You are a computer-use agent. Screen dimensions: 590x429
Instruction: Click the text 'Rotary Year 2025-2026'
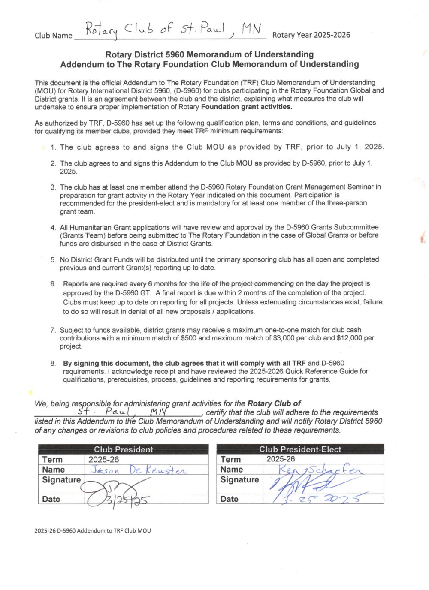click(x=311, y=35)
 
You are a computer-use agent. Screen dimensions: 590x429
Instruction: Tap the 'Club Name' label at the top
click(x=53, y=36)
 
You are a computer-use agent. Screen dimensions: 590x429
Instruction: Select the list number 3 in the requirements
click(x=53, y=187)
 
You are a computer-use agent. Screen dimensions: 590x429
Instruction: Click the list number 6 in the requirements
click(x=53, y=284)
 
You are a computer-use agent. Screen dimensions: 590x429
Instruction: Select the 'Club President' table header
click(x=123, y=449)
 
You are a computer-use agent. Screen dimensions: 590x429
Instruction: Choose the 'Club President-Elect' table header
click(x=300, y=449)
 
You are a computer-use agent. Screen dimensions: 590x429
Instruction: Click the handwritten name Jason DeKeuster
click(x=139, y=470)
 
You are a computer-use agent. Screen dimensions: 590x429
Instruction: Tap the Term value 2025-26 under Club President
click(x=103, y=459)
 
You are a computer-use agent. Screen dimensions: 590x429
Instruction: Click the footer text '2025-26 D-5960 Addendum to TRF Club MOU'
click(x=93, y=530)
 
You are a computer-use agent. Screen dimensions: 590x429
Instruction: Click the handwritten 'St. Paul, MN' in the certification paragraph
click(x=124, y=412)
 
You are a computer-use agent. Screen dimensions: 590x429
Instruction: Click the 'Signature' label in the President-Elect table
click(x=239, y=480)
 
